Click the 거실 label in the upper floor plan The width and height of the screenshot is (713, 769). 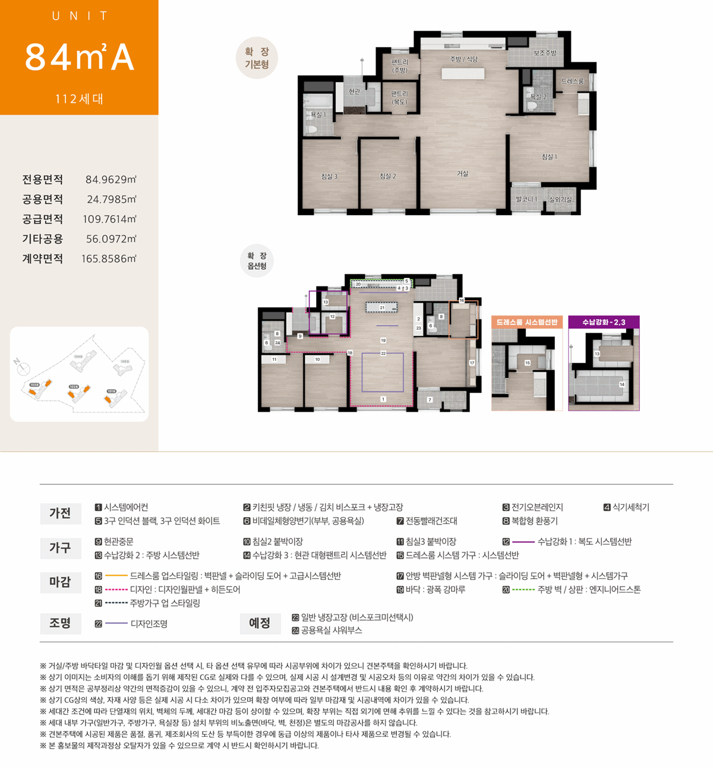coord(462,174)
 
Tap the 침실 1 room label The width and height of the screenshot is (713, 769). coord(549,156)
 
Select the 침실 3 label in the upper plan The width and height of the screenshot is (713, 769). coord(329,176)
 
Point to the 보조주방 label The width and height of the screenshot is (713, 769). coord(544,53)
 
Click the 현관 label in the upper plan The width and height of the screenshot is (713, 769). coord(354,91)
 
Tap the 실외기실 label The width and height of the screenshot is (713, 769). coord(560,199)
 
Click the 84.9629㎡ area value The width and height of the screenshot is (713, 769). coord(111,179)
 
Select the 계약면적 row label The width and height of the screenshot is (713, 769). coord(42,259)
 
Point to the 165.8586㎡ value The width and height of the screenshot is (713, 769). coord(109,259)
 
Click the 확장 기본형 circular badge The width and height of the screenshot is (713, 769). coord(257,58)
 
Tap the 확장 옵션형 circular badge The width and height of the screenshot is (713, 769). coord(257,261)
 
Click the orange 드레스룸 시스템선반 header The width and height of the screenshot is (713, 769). coord(526,322)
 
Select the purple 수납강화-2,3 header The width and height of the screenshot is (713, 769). coord(603,322)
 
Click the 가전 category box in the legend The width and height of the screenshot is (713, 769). coord(60,513)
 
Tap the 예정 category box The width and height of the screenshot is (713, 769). coord(260,623)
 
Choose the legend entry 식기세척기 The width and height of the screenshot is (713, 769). coord(630,507)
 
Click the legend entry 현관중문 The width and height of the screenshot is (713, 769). coord(118,541)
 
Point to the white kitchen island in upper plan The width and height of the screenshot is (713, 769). coord(463,74)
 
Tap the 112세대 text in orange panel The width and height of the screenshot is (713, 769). coord(79,99)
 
